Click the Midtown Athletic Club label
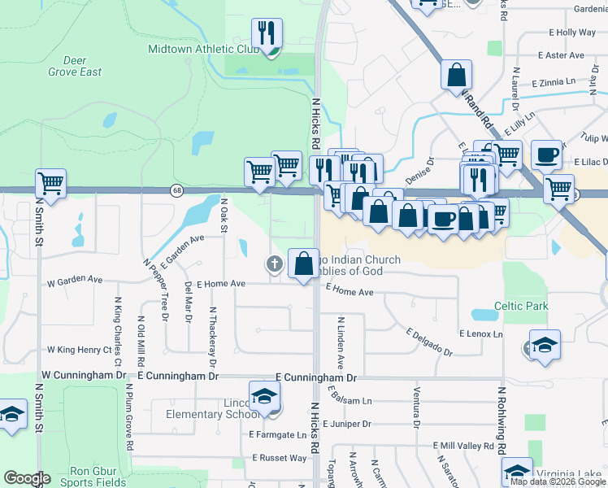pos(203,49)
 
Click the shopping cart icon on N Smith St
pos(50,183)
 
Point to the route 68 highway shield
pos(176,190)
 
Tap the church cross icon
pos(275,263)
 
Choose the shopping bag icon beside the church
pos(303,264)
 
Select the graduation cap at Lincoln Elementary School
pos(264,396)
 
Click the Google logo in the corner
pos(27,478)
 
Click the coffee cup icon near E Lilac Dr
pos(547,154)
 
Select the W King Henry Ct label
pos(79,350)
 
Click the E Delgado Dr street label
pos(429,342)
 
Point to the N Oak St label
pos(224,213)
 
